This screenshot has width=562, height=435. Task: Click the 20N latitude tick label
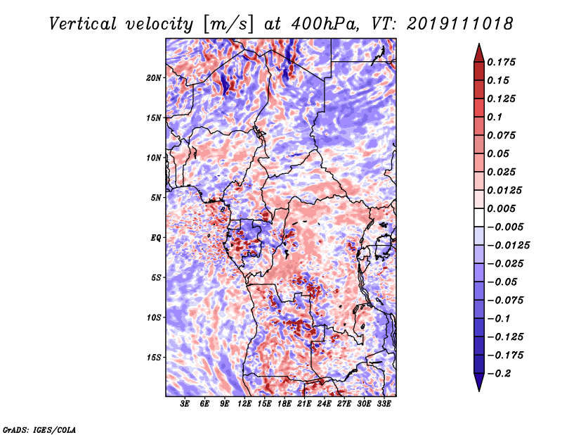[154, 77]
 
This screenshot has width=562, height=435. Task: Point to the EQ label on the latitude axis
[155, 237]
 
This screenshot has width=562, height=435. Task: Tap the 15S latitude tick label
[154, 357]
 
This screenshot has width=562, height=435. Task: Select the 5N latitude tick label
[156, 198]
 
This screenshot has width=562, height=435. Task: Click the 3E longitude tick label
[185, 404]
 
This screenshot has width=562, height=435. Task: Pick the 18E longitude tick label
[285, 404]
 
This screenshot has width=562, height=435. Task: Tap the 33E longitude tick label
[384, 404]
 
